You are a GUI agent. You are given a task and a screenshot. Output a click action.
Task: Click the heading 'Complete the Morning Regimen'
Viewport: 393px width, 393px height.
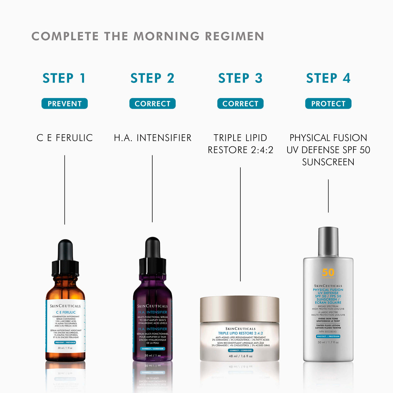(148, 36)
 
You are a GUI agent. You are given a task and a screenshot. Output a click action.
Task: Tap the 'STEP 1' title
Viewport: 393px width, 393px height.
(64, 78)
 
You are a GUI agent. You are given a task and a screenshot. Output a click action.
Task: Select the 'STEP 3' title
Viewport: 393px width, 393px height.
(240, 78)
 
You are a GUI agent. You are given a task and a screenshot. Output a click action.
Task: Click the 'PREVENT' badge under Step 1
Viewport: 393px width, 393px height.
(65, 104)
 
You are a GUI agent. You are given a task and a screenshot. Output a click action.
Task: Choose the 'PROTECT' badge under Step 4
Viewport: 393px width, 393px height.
(328, 104)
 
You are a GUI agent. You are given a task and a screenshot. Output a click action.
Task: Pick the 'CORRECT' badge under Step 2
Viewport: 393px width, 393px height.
(153, 104)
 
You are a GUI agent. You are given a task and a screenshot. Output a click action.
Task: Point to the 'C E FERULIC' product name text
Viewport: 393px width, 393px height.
(65, 138)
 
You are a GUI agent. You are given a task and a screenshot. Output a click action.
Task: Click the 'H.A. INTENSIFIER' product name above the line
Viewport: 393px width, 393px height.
(153, 138)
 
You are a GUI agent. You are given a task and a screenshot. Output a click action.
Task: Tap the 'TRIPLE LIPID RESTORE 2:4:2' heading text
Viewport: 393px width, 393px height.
(240, 144)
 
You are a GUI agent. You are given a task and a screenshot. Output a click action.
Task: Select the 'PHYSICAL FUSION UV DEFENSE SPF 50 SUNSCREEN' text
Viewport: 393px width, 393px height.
(328, 150)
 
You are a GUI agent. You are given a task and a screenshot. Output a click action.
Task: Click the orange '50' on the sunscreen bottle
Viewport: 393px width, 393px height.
(328, 272)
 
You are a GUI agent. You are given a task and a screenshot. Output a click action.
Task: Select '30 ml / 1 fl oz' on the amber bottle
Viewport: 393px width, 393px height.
(65, 348)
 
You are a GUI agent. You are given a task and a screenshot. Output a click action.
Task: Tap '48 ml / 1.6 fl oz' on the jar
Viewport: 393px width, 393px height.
(240, 356)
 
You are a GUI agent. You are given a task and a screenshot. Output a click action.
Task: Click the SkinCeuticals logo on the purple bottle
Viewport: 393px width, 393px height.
(153, 306)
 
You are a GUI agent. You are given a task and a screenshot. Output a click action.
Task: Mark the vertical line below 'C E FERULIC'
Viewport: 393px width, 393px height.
(65, 190)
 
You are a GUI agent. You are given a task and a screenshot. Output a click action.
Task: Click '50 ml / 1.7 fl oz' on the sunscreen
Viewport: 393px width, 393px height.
(328, 342)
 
